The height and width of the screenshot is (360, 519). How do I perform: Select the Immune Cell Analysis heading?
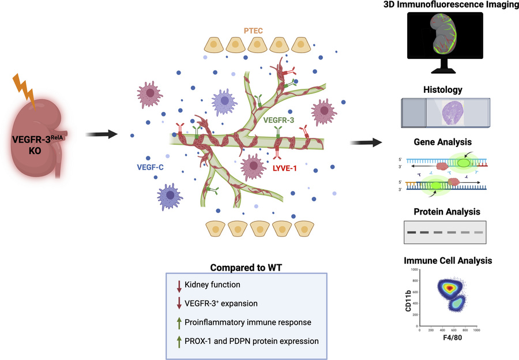(447, 260)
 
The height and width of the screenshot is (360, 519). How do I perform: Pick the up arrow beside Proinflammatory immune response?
(179, 322)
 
